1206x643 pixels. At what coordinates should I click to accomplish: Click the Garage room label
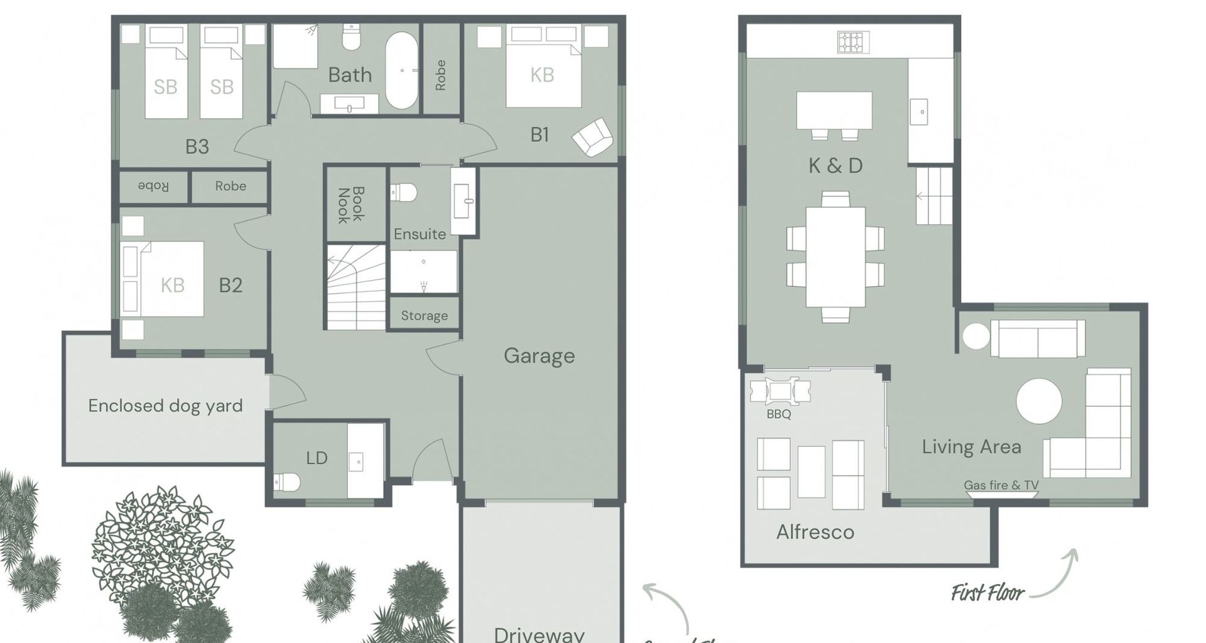[539, 356]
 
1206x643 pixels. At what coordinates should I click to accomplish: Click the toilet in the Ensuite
[404, 192]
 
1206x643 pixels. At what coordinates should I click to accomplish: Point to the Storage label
[425, 316]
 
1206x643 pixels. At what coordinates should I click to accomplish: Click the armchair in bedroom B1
[592, 137]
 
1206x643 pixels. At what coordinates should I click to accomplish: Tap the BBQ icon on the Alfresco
[780, 391]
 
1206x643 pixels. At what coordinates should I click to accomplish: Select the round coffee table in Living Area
[1039, 401]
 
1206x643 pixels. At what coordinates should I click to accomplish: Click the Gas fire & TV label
[1001, 485]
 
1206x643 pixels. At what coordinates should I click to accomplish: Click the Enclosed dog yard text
[165, 406]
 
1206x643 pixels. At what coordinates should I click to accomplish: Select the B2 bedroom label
[231, 286]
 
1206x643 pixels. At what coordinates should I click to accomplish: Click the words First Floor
[987, 593]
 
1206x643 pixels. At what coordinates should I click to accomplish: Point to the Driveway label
[539, 634]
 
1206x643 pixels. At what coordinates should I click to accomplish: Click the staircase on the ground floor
[356, 286]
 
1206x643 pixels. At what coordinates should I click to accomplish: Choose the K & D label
[835, 166]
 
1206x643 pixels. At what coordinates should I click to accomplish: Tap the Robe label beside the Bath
[440, 75]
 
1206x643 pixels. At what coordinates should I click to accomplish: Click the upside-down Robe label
[153, 186]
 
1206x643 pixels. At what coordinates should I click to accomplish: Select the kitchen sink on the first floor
[922, 112]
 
